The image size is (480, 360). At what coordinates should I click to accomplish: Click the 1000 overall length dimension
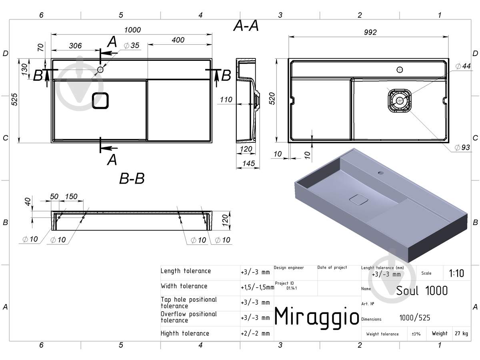tap(132, 30)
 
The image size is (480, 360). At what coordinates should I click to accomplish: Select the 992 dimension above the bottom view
tap(370, 32)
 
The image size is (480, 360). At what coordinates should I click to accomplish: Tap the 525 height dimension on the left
tap(14, 100)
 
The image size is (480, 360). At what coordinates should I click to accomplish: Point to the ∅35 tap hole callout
tap(132, 46)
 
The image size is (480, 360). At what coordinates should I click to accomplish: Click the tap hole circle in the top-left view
tap(100, 70)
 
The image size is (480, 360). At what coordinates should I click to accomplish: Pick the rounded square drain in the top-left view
tap(100, 101)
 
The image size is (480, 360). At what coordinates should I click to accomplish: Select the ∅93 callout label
tap(462, 147)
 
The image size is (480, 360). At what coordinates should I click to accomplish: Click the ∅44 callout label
tap(463, 66)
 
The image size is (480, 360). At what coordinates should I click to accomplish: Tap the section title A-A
tap(246, 26)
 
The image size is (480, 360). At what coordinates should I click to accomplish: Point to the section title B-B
tap(132, 178)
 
